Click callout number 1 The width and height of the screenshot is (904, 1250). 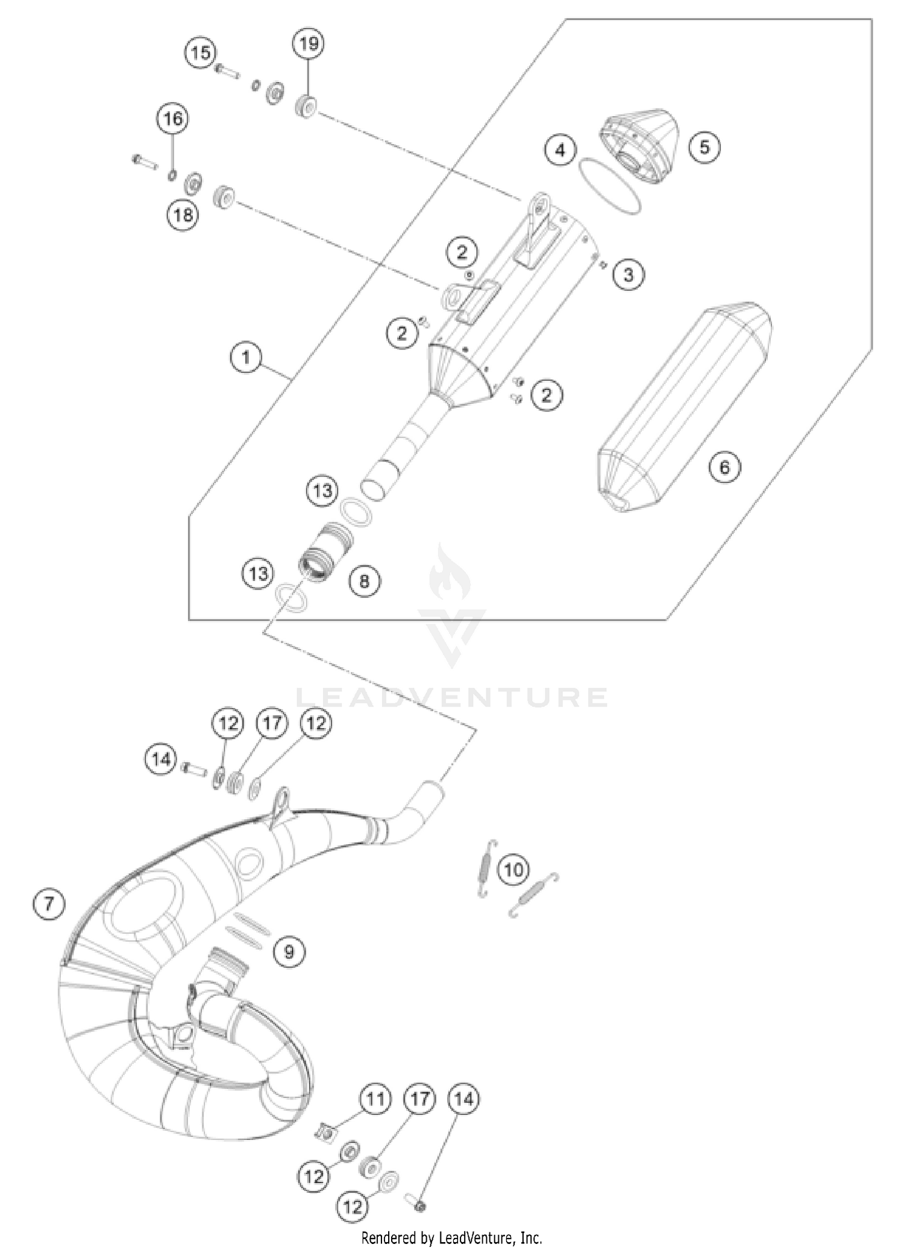coord(246,357)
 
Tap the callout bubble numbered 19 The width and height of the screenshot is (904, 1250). coord(309,43)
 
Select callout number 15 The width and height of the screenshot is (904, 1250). coord(201,52)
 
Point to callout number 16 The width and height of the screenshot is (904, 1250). coord(173,118)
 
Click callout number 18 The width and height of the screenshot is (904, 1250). coord(183,215)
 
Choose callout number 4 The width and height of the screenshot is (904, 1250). coord(560,149)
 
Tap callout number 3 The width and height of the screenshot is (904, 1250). coord(629,275)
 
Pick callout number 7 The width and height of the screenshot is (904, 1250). coord(49,903)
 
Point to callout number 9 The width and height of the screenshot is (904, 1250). coord(289,952)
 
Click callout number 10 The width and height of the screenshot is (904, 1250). coord(513,870)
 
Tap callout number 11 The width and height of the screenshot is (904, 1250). coord(375,1099)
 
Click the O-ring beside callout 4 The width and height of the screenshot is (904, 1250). coord(610,185)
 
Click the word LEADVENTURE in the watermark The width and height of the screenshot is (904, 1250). coord(452,697)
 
